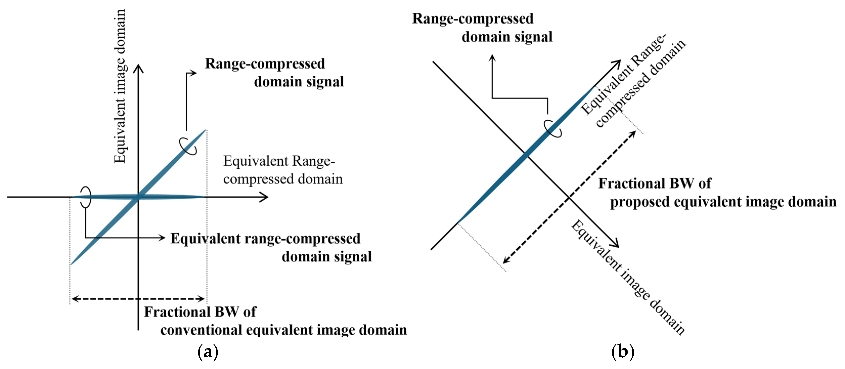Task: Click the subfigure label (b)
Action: (x=622, y=352)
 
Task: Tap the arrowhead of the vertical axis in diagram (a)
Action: (x=138, y=67)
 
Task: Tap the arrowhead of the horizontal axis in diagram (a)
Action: (x=265, y=197)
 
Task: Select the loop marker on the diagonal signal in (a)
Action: (x=188, y=146)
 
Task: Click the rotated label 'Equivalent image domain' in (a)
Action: (x=120, y=86)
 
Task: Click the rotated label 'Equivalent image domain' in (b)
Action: (x=627, y=277)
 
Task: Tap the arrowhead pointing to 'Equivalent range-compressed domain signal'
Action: (x=162, y=237)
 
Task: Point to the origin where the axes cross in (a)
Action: (x=138, y=197)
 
